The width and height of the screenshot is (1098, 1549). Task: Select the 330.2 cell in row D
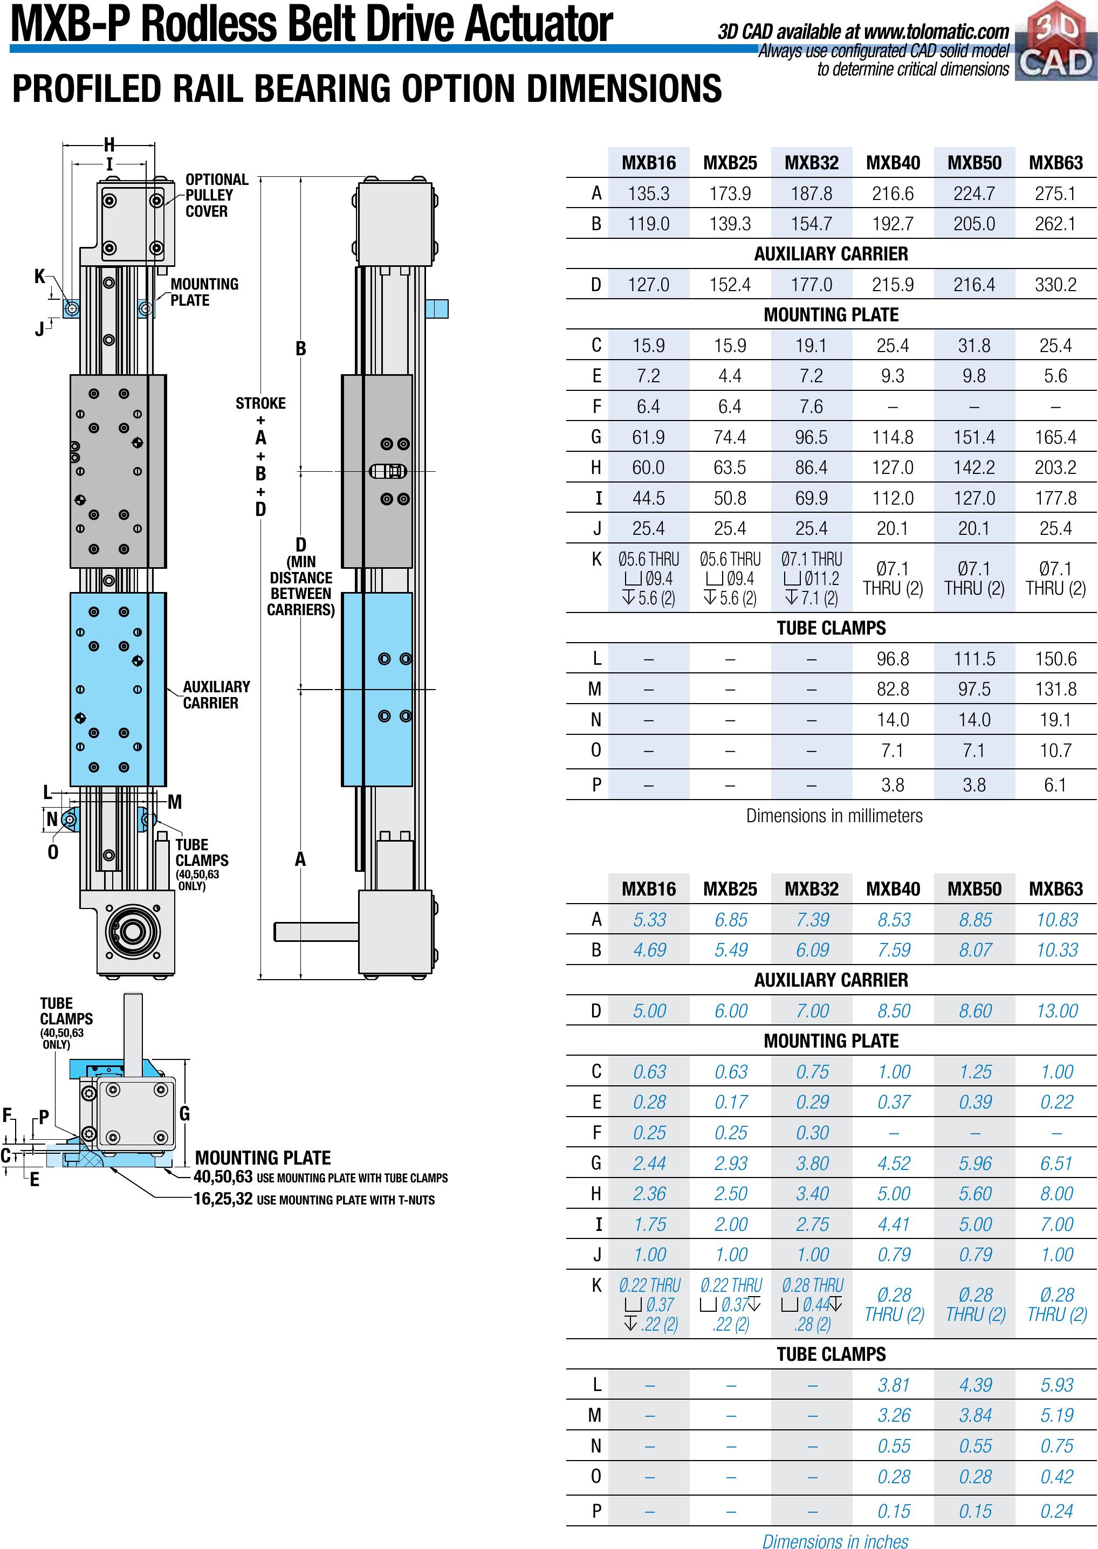(x=1055, y=285)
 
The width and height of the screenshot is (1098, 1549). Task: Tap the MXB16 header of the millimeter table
(x=648, y=163)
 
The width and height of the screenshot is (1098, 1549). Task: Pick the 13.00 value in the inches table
(x=1057, y=1011)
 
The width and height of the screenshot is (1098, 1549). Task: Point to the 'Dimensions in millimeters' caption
(x=834, y=816)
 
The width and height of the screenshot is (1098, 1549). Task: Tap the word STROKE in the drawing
(x=260, y=403)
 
